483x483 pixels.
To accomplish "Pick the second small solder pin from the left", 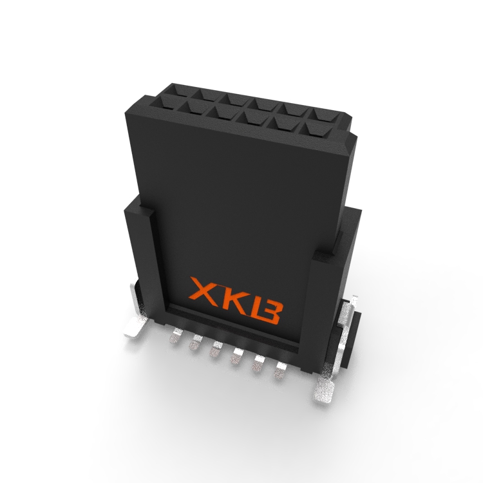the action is pos(195,341).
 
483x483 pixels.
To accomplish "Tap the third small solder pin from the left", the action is pos(216,349).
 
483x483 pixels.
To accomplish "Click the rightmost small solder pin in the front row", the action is pos(279,370).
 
